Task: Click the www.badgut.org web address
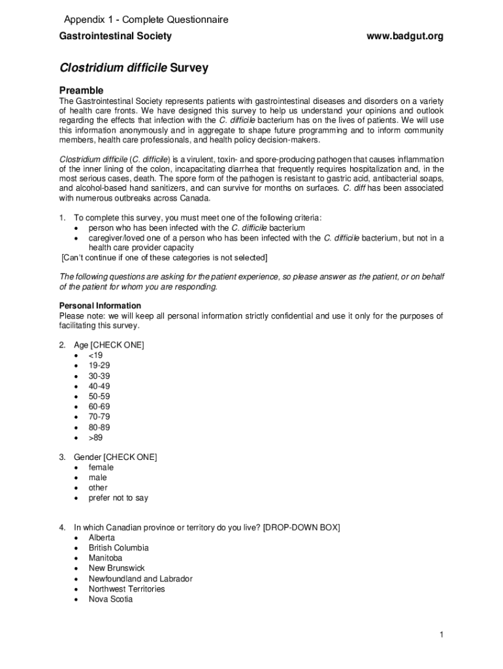click(x=404, y=36)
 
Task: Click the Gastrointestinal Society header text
click(x=116, y=36)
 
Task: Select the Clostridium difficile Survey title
click(x=133, y=68)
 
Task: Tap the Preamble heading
click(x=81, y=90)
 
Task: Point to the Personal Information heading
click(x=100, y=306)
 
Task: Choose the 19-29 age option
click(x=99, y=366)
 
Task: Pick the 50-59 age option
click(x=99, y=397)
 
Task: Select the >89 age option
click(x=95, y=438)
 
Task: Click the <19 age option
click(x=95, y=355)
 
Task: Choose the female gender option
click(x=101, y=467)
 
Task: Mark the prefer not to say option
click(x=118, y=498)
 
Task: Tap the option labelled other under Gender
click(x=98, y=487)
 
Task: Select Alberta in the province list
click(x=101, y=538)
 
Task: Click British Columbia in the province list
click(x=118, y=547)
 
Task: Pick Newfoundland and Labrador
click(x=140, y=578)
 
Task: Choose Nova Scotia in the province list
click(x=110, y=599)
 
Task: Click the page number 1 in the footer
click(x=442, y=635)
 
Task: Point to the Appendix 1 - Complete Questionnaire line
click(x=146, y=20)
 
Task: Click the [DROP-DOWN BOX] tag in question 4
click(x=301, y=527)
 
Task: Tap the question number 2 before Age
click(x=62, y=345)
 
